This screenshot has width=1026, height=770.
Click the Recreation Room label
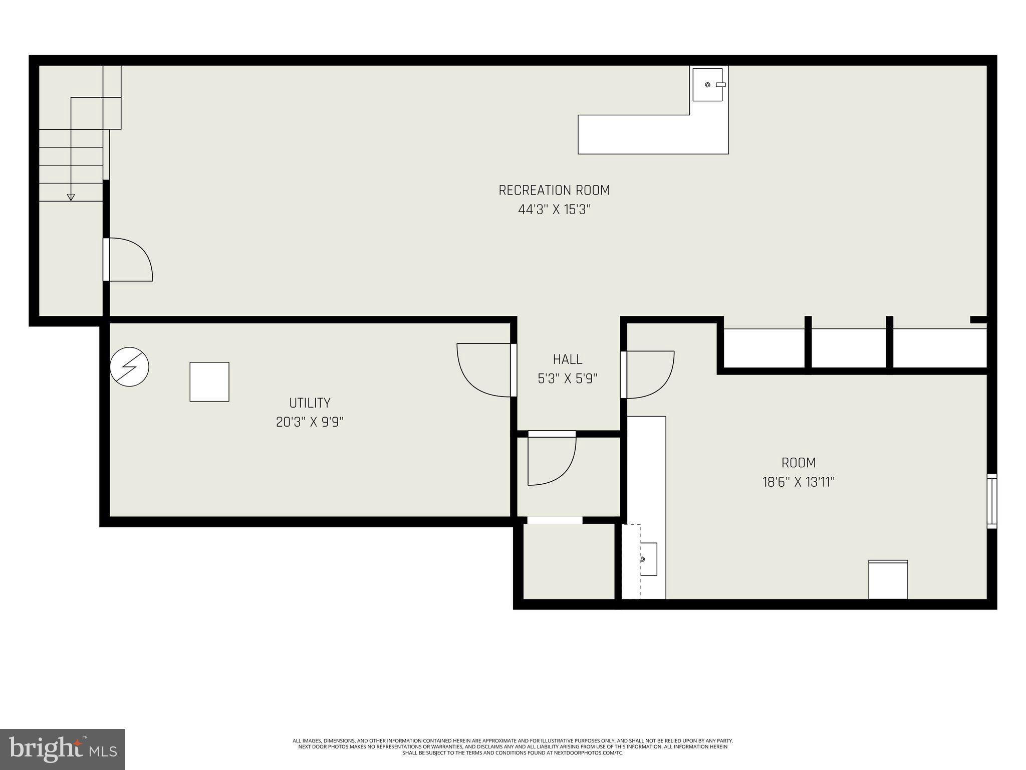(x=554, y=190)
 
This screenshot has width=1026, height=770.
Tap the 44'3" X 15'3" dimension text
(x=554, y=210)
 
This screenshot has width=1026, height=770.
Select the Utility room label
(x=310, y=403)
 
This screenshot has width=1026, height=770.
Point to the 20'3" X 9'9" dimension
(x=310, y=422)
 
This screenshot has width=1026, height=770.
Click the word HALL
(x=568, y=359)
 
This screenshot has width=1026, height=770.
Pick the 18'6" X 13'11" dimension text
(x=799, y=482)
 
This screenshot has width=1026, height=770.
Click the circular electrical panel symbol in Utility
(x=129, y=367)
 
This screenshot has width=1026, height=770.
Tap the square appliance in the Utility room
(x=209, y=382)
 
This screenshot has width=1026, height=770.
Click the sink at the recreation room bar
(x=707, y=85)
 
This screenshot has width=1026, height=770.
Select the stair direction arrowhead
(x=71, y=198)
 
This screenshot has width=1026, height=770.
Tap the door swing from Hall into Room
(x=650, y=373)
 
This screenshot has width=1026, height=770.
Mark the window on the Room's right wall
(x=992, y=501)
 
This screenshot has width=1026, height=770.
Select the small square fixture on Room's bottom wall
(x=888, y=580)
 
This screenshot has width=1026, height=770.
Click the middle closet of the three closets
(x=848, y=348)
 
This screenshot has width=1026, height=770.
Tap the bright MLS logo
(x=63, y=749)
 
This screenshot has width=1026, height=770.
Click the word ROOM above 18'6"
(x=799, y=463)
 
